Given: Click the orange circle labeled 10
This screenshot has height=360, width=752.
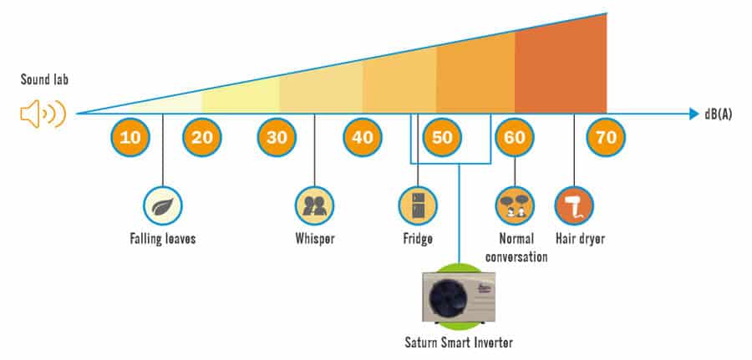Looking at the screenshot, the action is (130, 138).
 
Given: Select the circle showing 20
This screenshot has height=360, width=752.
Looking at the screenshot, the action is (202, 138).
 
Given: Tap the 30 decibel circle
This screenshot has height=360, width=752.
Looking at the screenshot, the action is (277, 138).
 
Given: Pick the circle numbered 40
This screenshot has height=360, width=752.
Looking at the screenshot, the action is (363, 138).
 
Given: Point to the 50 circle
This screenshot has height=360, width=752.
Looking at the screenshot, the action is (442, 138).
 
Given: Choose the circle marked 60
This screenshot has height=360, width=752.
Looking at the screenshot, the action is (515, 138).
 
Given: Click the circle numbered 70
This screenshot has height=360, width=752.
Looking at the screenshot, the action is (607, 138).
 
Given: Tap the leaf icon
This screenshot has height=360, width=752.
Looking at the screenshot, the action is (163, 205).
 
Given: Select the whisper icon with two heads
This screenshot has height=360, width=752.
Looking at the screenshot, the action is (315, 205).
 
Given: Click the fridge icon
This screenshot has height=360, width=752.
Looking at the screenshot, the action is (418, 205).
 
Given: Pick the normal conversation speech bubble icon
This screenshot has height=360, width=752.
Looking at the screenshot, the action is (515, 205).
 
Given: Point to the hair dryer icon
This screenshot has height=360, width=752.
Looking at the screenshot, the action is (574, 205).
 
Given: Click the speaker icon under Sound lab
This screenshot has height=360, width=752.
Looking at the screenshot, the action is (43, 114).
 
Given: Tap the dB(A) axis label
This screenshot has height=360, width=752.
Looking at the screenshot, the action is (718, 114).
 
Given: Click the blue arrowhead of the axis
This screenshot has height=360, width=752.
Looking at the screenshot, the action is (694, 114).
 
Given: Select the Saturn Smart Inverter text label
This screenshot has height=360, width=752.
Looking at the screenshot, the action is (459, 342).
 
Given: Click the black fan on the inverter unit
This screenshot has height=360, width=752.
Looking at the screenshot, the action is (446, 297).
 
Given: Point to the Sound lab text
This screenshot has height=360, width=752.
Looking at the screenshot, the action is (44, 79).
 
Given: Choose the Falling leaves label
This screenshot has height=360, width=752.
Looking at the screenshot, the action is (163, 238).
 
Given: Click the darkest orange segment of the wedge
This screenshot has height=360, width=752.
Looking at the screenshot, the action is (561, 67).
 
